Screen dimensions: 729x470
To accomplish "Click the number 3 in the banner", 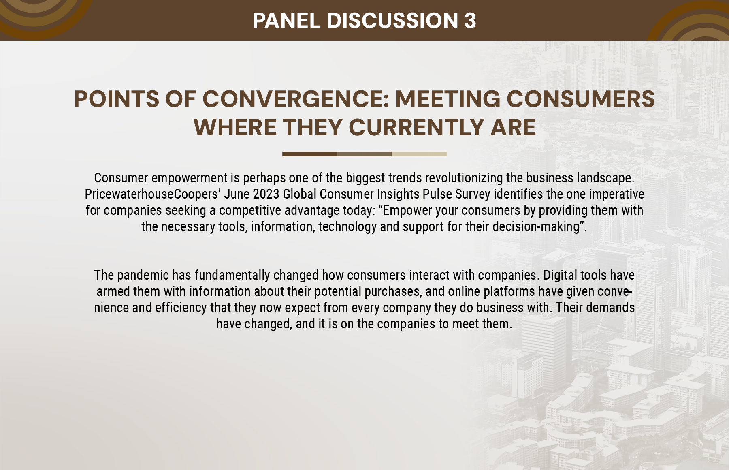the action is coord(470,20).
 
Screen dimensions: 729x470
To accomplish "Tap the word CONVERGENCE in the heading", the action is coord(296,99).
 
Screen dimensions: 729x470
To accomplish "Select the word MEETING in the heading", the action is coord(448,99).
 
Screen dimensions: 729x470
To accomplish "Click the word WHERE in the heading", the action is coord(235,127).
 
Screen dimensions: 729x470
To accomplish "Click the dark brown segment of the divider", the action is coord(310,154).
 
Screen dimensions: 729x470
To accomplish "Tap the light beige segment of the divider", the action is coord(419,154).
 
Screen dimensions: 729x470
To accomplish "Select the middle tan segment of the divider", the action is coord(364,154).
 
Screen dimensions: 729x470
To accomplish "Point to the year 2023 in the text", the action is coord(266,194).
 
